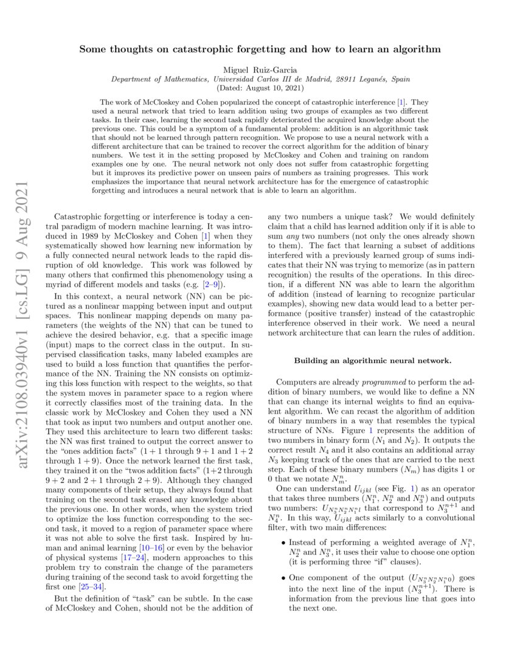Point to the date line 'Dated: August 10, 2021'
click(258, 88)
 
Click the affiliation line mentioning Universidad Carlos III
click(258, 79)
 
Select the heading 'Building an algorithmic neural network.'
click(373, 360)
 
